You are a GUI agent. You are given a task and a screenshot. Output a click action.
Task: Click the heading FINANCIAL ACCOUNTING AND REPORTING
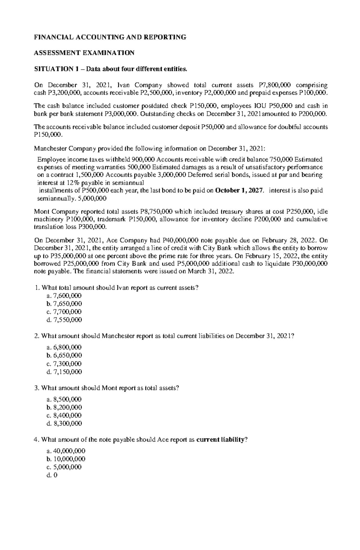(110, 37)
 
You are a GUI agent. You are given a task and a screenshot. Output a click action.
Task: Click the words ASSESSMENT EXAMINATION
(84, 53)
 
